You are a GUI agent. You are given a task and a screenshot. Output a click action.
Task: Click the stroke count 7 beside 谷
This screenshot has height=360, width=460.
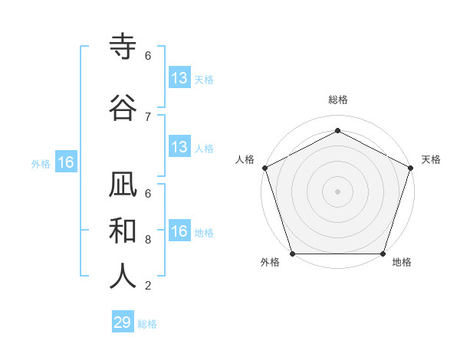click(x=148, y=116)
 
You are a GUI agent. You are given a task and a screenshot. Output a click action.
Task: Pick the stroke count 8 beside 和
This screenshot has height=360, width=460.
click(x=148, y=239)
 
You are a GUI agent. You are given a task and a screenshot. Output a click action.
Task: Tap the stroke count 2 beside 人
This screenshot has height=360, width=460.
click(x=148, y=286)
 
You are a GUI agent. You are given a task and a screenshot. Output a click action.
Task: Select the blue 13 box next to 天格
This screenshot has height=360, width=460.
click(x=179, y=78)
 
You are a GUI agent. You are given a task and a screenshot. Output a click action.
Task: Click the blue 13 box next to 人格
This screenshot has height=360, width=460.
click(x=179, y=147)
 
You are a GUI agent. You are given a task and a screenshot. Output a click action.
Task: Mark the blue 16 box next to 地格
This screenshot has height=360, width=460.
click(x=179, y=231)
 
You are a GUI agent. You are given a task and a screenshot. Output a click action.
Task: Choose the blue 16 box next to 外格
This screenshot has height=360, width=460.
click(x=65, y=162)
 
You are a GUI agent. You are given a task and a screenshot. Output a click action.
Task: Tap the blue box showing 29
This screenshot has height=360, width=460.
click(x=123, y=322)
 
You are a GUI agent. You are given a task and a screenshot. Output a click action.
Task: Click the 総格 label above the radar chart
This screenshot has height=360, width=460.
click(x=337, y=100)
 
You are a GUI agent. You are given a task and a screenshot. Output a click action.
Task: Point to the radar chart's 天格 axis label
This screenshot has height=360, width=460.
click(x=431, y=159)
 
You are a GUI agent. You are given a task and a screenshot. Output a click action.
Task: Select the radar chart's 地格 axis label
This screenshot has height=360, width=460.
click(x=402, y=262)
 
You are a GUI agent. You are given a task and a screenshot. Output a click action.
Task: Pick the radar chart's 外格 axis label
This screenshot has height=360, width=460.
click(x=270, y=262)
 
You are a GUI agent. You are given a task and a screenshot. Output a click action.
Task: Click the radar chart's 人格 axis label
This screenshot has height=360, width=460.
click(x=245, y=159)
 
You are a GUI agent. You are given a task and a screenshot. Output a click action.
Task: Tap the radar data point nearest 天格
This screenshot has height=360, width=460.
click(x=411, y=168)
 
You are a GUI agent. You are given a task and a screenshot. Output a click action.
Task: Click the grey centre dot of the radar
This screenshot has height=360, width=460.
click(x=337, y=191)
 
